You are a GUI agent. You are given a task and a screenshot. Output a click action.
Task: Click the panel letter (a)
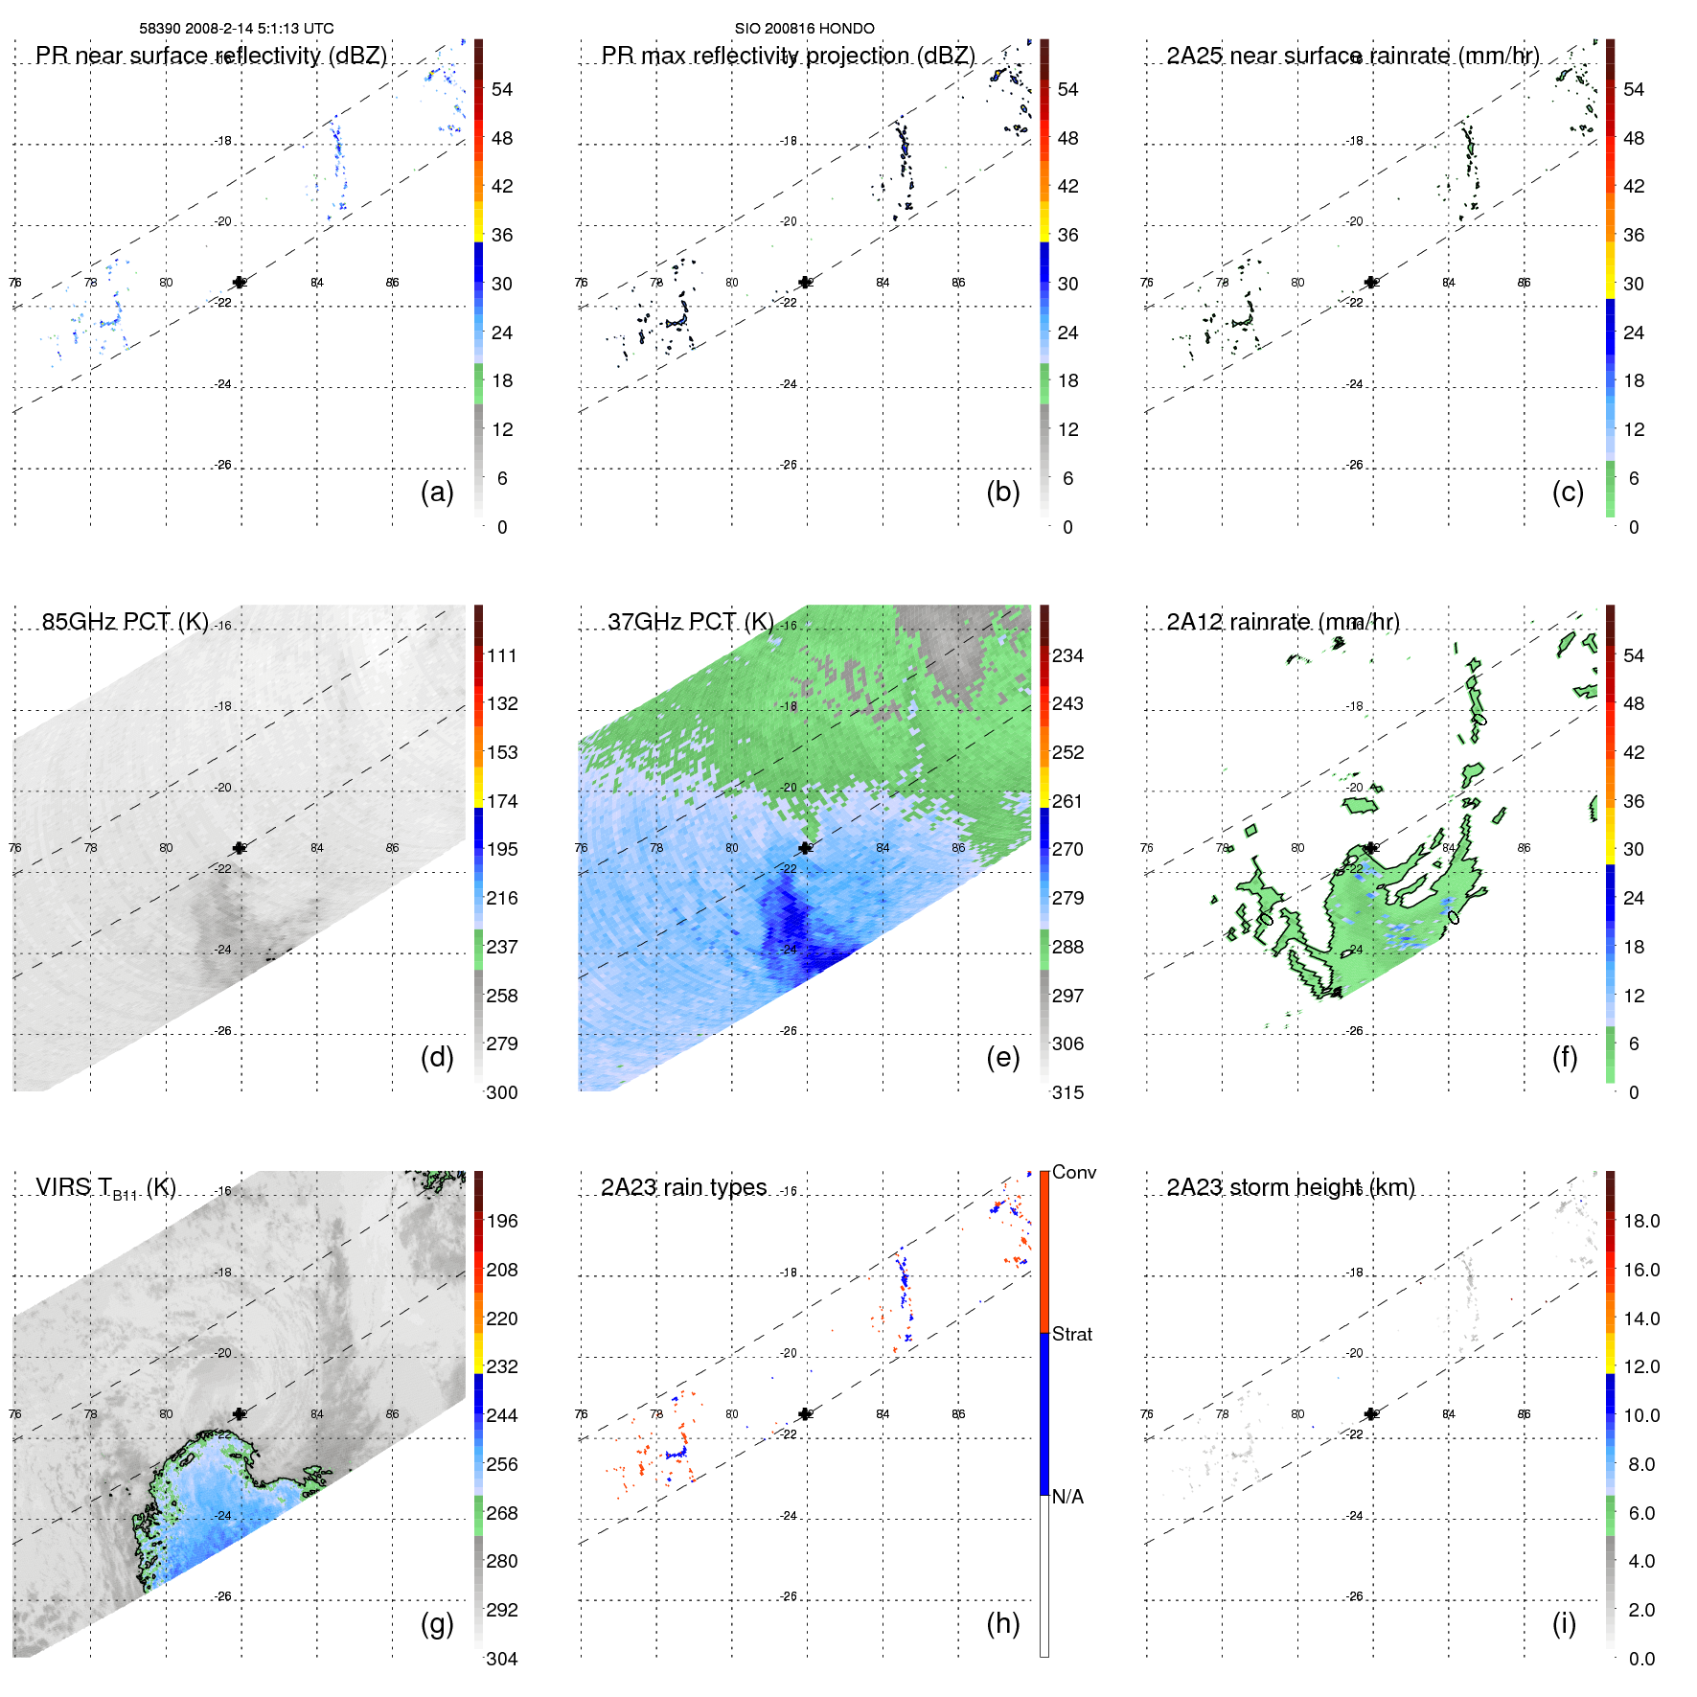[x=437, y=492]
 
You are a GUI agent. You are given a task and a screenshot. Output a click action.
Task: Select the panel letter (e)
[x=1002, y=1057]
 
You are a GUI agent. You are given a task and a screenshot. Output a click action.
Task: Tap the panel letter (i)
[x=1564, y=1623]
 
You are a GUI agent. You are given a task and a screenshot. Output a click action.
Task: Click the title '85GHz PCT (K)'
[x=125, y=621]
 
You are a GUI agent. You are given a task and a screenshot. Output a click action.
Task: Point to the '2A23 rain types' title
[x=683, y=1187]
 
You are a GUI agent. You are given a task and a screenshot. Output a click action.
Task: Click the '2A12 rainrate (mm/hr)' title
[x=1282, y=622]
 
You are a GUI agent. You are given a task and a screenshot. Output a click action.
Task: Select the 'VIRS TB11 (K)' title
[x=105, y=1188]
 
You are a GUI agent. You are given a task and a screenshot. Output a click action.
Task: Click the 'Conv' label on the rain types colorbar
[x=1073, y=1172]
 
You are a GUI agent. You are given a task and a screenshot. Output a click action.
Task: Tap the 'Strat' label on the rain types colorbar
[x=1072, y=1334]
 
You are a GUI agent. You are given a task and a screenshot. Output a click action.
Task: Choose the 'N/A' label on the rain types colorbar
[x=1067, y=1497]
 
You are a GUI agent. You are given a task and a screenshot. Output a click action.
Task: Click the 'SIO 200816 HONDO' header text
[x=804, y=28]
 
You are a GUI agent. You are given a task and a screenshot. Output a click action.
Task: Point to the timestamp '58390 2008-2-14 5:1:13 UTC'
[x=237, y=28]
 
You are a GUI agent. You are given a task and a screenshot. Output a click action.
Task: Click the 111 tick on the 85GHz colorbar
[x=502, y=655]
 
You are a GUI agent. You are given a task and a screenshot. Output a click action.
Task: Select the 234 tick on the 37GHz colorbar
[x=1067, y=655]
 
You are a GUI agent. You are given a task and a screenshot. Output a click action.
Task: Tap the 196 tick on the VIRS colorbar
[x=502, y=1221]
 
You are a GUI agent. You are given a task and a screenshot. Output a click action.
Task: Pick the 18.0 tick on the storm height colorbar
[x=1640, y=1221]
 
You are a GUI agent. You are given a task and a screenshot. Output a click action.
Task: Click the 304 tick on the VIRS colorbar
[x=502, y=1659]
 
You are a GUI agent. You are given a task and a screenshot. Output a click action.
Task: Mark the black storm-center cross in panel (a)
[x=240, y=282]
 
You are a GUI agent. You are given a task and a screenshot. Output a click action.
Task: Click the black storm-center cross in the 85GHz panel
[x=240, y=848]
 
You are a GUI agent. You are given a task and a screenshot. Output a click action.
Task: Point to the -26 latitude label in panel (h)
[x=789, y=1596]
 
